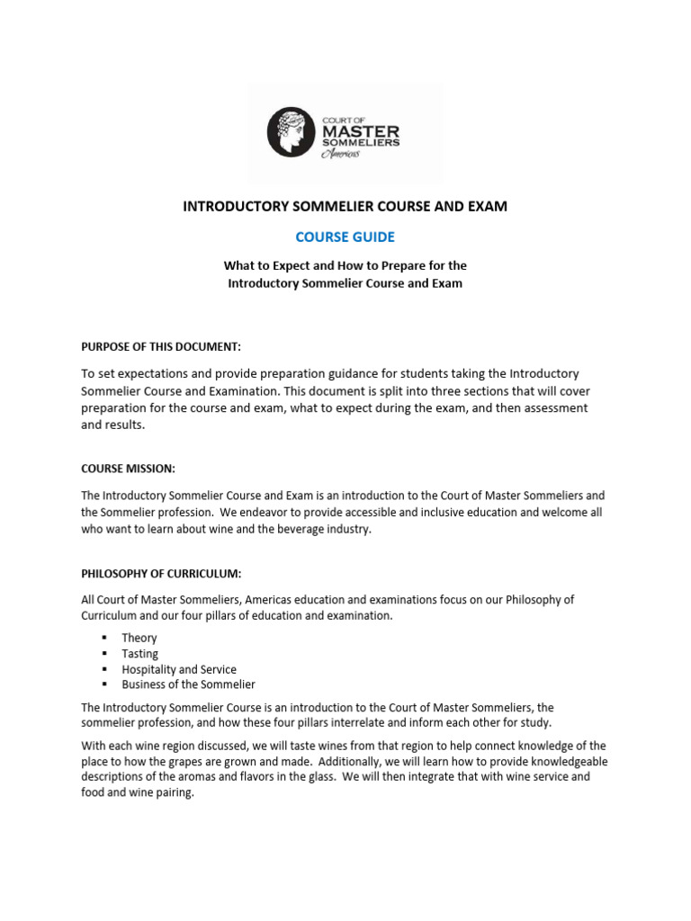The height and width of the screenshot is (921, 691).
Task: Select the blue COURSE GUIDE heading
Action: pyautogui.click(x=345, y=237)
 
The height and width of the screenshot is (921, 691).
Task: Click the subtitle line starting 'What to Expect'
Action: pyautogui.click(x=345, y=265)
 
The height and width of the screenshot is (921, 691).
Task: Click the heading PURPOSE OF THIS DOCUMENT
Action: pyautogui.click(x=161, y=346)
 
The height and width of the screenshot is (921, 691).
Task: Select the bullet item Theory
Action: pyautogui.click(x=139, y=638)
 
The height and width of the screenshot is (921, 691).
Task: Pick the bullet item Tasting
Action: pyautogui.click(x=140, y=654)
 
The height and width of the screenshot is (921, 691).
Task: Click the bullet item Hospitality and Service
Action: pyautogui.click(x=179, y=669)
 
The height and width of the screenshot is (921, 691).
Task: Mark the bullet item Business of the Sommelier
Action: pyautogui.click(x=189, y=684)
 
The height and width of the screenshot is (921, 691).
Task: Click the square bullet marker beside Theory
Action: pyautogui.click(x=104, y=638)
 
